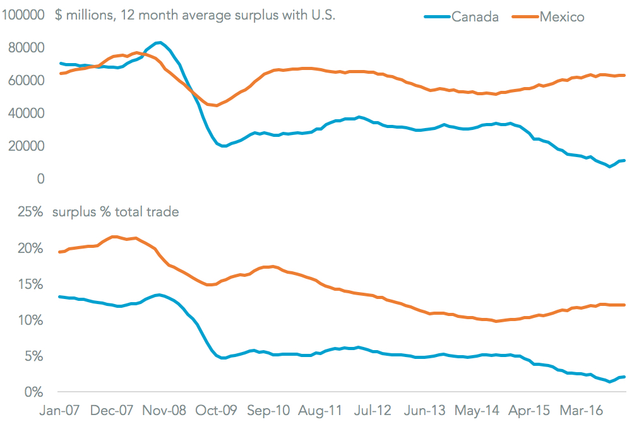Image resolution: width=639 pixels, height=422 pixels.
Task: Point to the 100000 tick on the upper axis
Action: [x=23, y=15]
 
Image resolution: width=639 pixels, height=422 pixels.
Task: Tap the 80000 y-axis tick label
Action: [x=27, y=48]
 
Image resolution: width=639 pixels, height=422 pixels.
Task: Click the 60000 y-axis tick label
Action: [x=27, y=81]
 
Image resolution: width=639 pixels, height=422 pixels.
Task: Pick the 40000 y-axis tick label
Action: [x=27, y=114]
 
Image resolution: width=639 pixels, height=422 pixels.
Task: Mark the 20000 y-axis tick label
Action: [x=27, y=146]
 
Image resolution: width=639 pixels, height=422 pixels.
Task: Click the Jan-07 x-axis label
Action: [x=60, y=411]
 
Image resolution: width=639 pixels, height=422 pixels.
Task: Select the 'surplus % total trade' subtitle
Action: [x=116, y=212]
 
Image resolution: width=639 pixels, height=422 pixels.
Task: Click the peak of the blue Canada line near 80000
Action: [x=160, y=43]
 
